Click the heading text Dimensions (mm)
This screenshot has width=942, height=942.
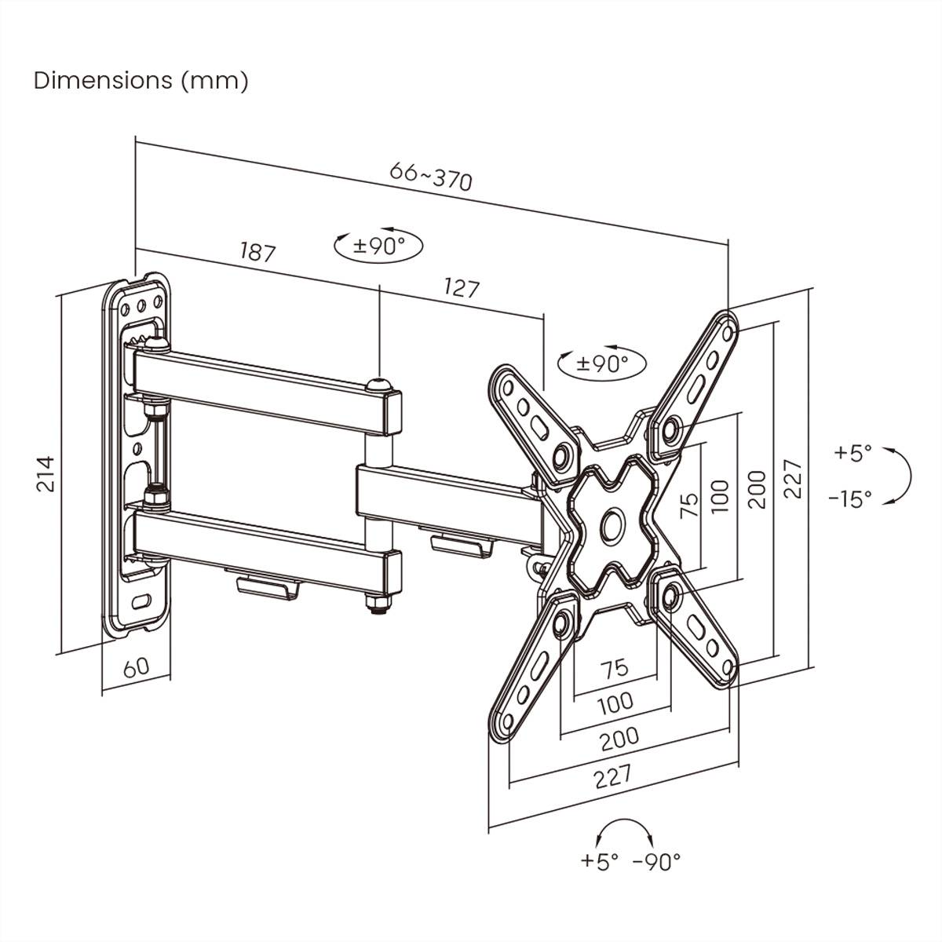click(141, 80)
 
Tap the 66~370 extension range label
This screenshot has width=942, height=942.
click(431, 177)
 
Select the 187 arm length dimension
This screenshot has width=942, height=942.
click(257, 252)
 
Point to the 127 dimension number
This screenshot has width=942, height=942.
click(461, 287)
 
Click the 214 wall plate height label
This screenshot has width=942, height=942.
click(47, 473)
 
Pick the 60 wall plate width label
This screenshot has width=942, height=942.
click(136, 668)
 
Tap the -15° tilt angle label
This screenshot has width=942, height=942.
click(849, 498)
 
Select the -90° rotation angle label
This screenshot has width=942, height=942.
click(656, 862)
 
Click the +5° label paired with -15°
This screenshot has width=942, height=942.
click(853, 453)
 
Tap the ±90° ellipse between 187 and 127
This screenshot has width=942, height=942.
click(378, 246)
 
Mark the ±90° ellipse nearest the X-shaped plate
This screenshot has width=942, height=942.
click(602, 363)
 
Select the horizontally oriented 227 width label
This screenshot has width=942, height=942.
click(612, 777)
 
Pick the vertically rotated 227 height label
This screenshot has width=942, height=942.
click(793, 479)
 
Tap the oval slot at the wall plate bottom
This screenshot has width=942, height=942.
click(142, 603)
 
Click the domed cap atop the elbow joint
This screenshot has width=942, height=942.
click(379, 385)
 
